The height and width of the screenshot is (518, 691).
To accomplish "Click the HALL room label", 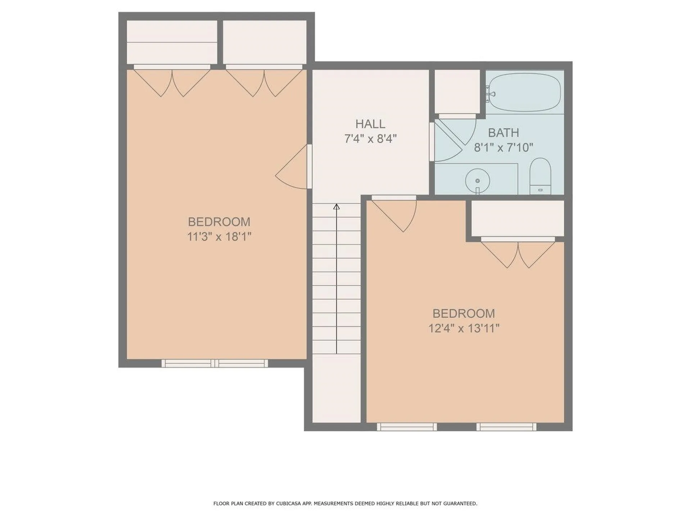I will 370,124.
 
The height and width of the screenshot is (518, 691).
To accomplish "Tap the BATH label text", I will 503,133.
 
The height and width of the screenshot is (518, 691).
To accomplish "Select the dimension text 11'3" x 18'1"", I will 219,237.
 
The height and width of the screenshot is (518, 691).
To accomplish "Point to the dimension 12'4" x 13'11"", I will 464,328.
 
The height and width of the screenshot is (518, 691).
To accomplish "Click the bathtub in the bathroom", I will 525,92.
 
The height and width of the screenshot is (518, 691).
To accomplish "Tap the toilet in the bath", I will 540,176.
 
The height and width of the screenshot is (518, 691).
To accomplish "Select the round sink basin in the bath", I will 477,181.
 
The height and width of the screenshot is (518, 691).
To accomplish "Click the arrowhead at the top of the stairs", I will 337,206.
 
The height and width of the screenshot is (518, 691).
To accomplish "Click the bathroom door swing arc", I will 452,140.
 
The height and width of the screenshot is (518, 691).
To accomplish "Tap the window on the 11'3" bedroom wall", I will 215,363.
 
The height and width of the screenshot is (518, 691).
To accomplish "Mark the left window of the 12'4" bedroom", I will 407,427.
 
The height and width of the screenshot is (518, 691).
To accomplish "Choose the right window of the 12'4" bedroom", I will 506,427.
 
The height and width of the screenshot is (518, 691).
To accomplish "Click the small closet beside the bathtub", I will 457,92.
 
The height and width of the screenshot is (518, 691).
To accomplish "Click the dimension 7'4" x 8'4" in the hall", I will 370,139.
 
